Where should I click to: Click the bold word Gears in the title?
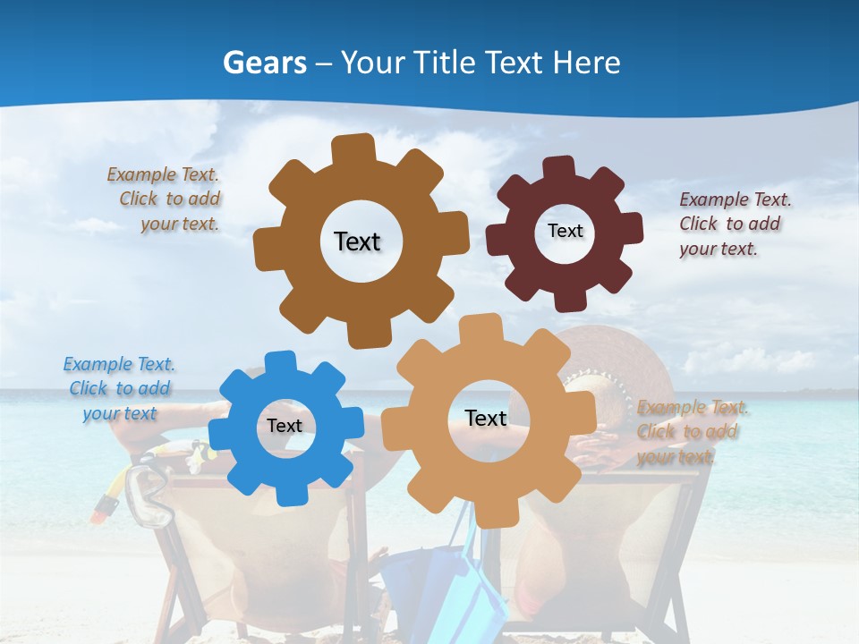[x=264, y=63]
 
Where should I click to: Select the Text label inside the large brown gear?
[x=357, y=241]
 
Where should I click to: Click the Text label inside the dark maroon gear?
[x=565, y=231]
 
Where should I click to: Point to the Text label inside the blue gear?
[x=284, y=427]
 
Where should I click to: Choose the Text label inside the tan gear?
[x=486, y=419]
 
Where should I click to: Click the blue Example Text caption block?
[x=119, y=388]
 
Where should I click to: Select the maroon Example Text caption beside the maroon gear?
[x=735, y=224]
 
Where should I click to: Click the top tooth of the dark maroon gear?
[x=559, y=167]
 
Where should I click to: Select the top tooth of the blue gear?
[x=280, y=361]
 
